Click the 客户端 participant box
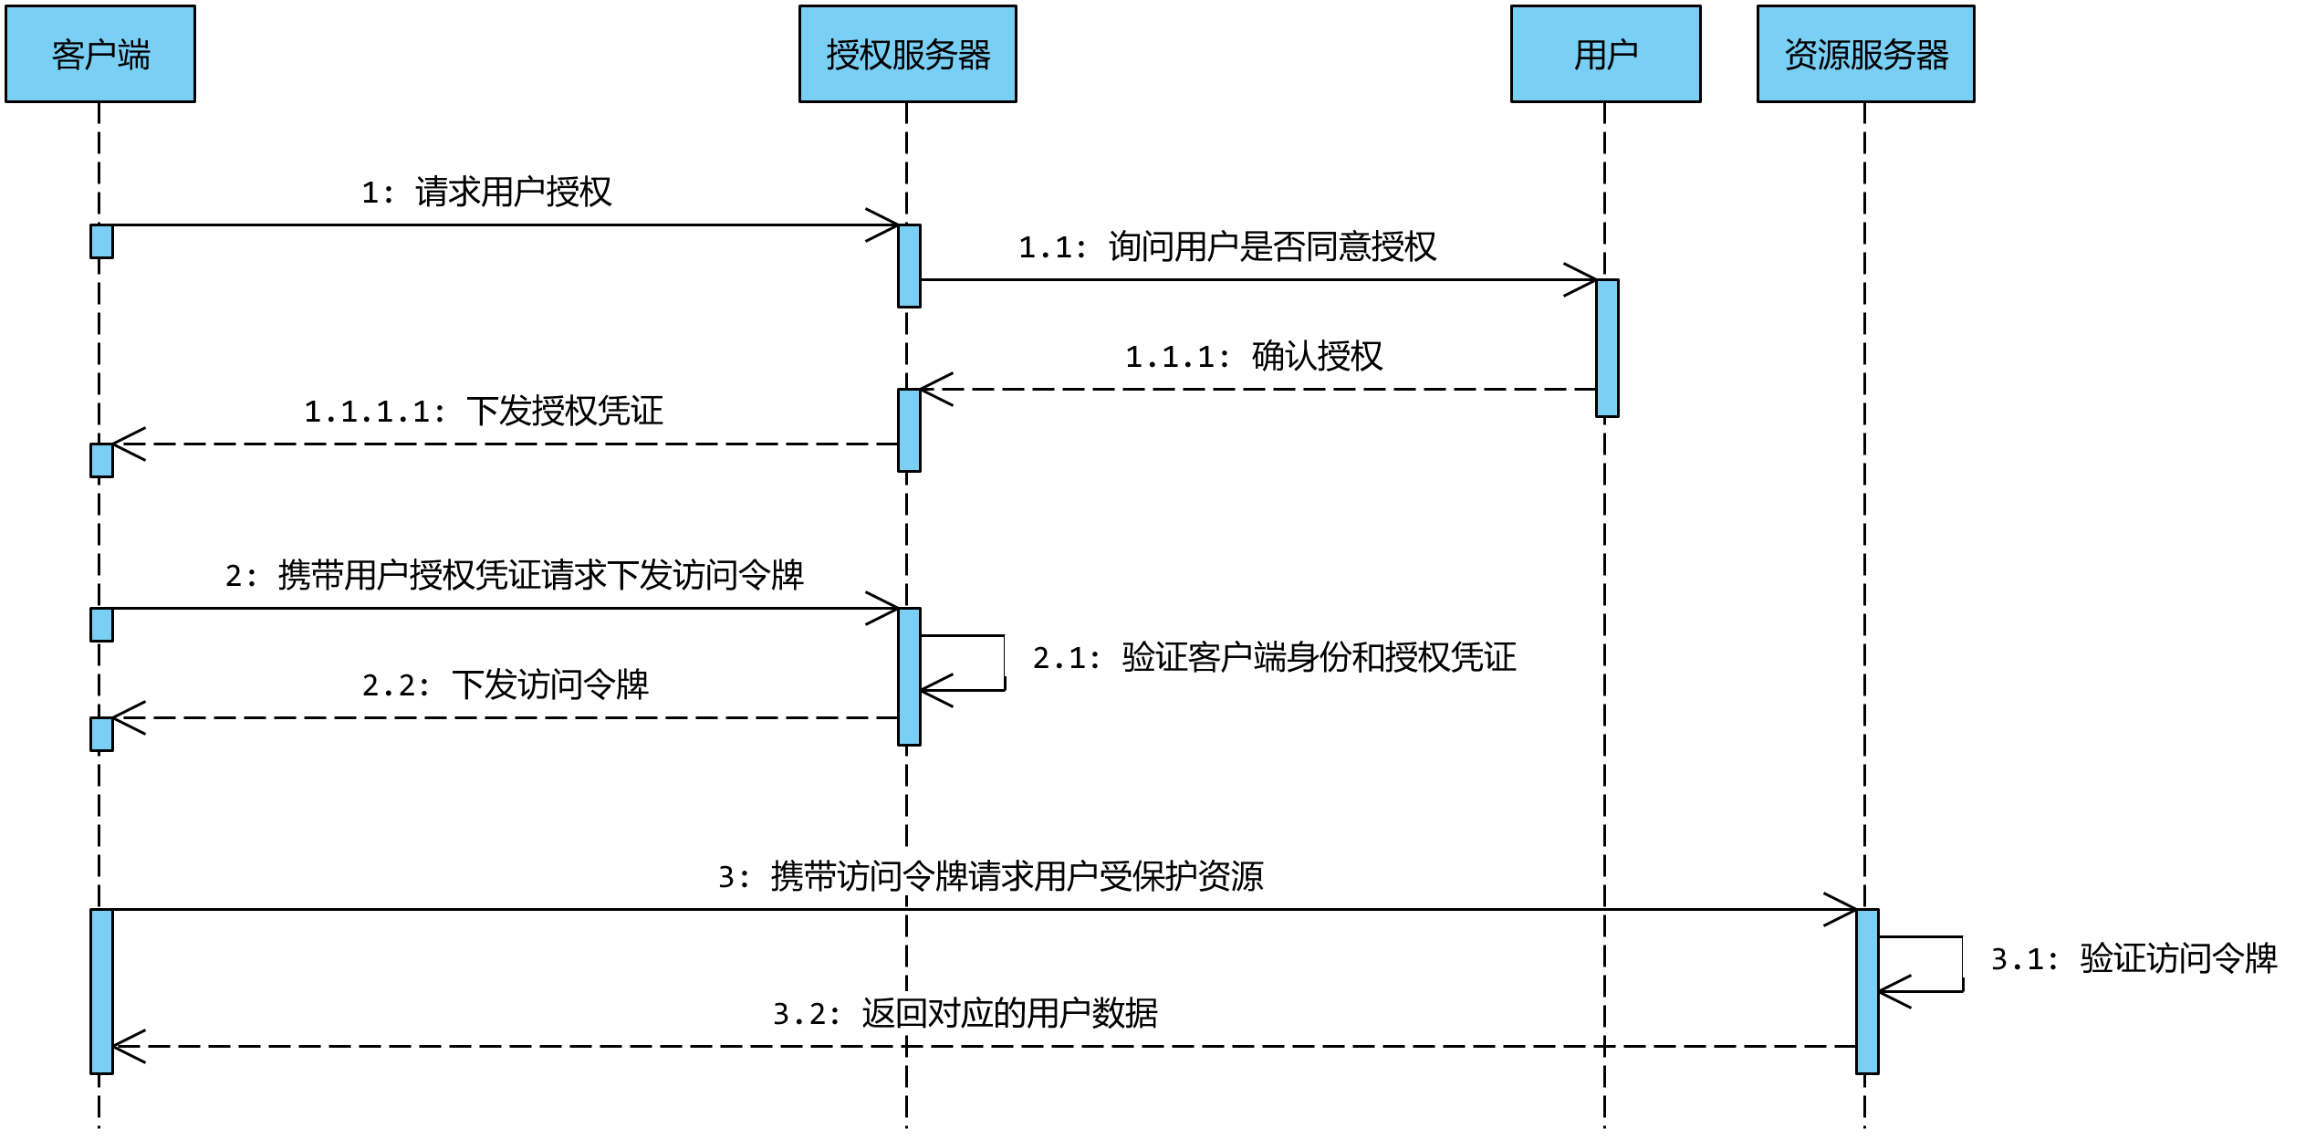coord(100,54)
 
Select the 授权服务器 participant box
coord(908,54)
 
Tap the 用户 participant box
coord(1605,54)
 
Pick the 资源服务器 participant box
coord(1865,54)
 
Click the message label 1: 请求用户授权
coord(487,191)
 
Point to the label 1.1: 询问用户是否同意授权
coord(1227,246)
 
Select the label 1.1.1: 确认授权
coord(1257,355)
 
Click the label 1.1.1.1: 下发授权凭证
coord(486,410)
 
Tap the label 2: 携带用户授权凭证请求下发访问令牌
coord(515,574)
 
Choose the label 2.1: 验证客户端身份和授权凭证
coord(1274,656)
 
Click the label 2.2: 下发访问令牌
coord(505,684)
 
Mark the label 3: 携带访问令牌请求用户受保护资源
coord(991,875)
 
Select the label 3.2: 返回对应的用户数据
coord(965,1012)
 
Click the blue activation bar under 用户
coord(1607,348)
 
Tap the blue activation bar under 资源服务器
coord(1867,991)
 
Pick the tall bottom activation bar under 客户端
coord(101,991)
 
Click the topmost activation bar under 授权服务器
coord(909,266)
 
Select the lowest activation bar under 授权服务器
coord(909,676)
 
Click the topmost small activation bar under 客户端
coord(101,241)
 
